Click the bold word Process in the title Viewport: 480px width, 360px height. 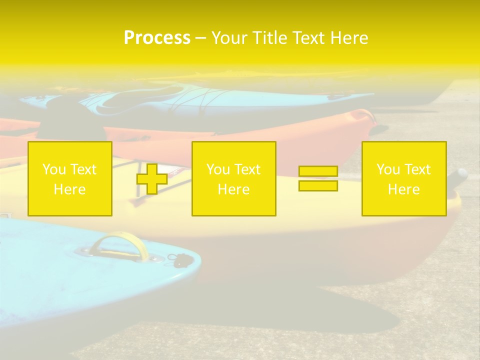pyautogui.click(x=157, y=38)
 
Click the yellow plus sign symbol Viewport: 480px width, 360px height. pyautogui.click(x=152, y=179)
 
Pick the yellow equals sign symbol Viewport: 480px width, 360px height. pyautogui.click(x=318, y=178)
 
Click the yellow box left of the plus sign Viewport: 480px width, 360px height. pyautogui.click(x=70, y=178)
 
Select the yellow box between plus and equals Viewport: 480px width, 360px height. pyautogui.click(x=233, y=178)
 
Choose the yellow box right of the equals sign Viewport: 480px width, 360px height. pyautogui.click(x=404, y=178)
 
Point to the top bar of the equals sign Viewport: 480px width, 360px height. pyautogui.click(x=318, y=171)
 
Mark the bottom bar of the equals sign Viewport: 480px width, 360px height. pyautogui.click(x=318, y=185)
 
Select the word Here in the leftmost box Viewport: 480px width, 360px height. pyautogui.click(x=70, y=189)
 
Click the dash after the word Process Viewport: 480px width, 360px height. pyautogui.click(x=201, y=38)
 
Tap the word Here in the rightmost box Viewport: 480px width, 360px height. pyautogui.click(x=404, y=189)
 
